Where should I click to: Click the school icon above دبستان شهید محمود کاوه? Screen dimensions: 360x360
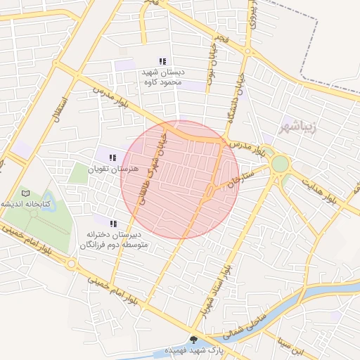[163, 61]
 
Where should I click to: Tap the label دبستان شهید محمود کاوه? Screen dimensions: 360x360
[162, 77]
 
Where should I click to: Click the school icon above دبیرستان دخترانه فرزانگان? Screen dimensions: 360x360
[113, 223]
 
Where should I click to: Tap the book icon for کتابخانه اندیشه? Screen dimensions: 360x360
[26, 193]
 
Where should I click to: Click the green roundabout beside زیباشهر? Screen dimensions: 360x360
[280, 164]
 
